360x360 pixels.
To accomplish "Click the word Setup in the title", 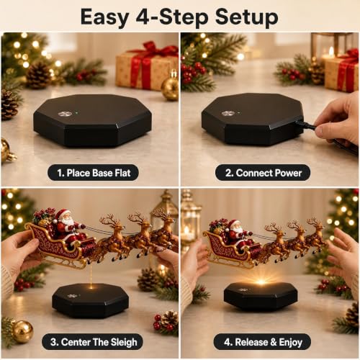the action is pos(246,17).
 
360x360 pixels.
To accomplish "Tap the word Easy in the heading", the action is pos(105,17).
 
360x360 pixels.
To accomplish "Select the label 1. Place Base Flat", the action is pos(94,173).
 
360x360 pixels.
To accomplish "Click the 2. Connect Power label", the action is pos(263,173).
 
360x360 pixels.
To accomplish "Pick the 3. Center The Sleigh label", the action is pos(94,342).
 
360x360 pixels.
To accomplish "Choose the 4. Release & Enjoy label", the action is pos(263,342).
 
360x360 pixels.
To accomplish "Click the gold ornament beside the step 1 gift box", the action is pos(170,88).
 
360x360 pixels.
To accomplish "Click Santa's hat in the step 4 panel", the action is pos(233,224).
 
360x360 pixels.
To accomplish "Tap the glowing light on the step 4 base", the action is pos(261,282).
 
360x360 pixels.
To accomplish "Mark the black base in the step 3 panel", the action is pos(91,300).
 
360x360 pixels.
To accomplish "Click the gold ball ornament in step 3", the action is pos(22,331).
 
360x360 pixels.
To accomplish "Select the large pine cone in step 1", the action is pos(38,75).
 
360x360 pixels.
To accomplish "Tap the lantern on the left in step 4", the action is pos(191,221).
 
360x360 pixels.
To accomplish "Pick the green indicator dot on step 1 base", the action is pos(77,112).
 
